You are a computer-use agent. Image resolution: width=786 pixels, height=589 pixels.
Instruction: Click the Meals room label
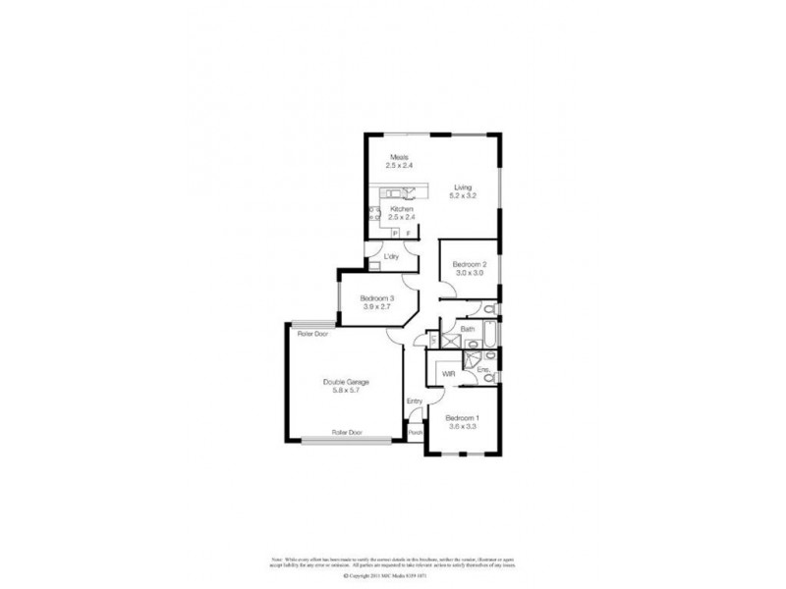(x=398, y=157)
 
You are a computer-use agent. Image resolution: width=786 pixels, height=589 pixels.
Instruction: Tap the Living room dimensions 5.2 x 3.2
(x=462, y=196)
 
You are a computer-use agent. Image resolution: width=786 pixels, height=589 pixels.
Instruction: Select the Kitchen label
(x=401, y=209)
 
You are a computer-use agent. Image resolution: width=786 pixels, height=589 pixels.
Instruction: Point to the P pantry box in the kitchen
(x=395, y=234)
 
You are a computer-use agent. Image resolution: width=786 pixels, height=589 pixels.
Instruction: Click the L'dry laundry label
(x=390, y=257)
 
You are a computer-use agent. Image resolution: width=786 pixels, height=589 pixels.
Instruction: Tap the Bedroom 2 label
(x=469, y=265)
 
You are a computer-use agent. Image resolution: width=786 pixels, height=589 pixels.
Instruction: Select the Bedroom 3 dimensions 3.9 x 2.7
(x=376, y=307)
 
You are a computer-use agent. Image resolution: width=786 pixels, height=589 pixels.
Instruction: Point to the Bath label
(x=454, y=330)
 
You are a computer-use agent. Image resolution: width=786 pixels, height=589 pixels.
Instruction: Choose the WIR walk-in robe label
(x=449, y=374)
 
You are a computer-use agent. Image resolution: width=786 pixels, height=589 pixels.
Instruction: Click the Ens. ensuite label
(x=482, y=369)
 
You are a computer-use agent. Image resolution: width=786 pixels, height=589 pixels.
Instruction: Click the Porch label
(x=415, y=432)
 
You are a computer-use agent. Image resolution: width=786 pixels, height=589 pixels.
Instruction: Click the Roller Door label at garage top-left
(x=314, y=334)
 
